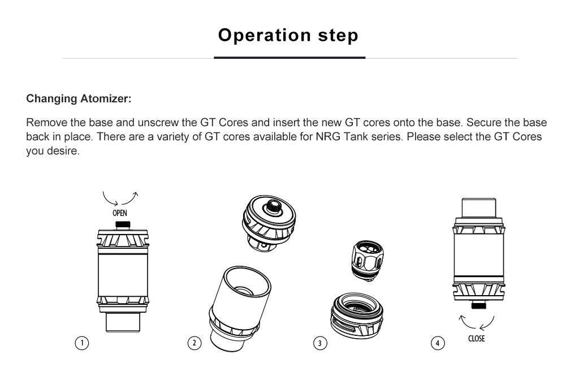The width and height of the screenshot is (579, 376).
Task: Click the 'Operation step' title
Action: point(288,36)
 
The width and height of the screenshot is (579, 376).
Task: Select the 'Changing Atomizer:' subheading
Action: point(79,98)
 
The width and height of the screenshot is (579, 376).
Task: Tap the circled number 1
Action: point(82,343)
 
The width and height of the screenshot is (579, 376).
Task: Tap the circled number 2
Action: point(195,343)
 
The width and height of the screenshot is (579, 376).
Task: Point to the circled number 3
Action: point(320,343)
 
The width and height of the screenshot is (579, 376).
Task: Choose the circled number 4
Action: point(438,343)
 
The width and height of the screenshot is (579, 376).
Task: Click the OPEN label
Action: point(120,213)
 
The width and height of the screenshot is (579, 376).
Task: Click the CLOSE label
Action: point(476,339)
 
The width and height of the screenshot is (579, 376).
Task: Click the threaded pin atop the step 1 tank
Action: point(123,225)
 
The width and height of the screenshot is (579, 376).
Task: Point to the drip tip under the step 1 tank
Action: point(123,322)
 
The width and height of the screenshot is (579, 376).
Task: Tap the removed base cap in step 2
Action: point(269,223)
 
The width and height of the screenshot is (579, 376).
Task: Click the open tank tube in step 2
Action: point(240,308)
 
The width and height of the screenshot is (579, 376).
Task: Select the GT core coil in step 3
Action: point(368,261)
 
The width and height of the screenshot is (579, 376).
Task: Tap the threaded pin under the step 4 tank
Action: point(479,305)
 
